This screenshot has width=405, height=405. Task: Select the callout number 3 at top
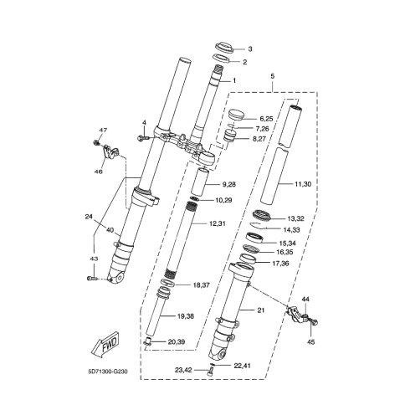[250, 49]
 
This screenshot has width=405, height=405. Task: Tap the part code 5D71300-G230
[108, 372]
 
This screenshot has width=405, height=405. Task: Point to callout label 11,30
[303, 184]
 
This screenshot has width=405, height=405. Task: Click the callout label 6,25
[266, 119]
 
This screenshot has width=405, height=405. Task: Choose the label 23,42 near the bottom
[183, 370]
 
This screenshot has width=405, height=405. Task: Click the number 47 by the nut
[104, 130]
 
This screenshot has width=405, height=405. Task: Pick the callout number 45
[310, 342]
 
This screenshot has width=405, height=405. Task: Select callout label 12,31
[218, 223]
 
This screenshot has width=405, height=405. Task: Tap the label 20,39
[177, 341]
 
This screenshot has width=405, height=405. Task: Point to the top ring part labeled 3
[224, 47]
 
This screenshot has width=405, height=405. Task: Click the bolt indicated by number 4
[143, 137]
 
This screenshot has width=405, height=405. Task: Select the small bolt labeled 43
[93, 278]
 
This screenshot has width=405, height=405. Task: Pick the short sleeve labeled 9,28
[200, 182]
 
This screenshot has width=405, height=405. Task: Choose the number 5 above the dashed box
[273, 76]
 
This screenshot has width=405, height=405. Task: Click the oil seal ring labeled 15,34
[254, 238]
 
